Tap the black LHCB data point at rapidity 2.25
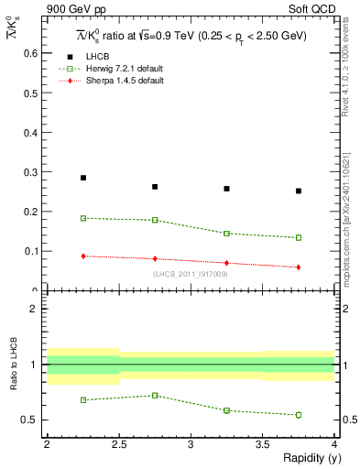coord(83,178)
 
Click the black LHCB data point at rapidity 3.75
coord(299,191)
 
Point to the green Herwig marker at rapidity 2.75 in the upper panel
coord(155,220)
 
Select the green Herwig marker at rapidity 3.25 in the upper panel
coord(226,234)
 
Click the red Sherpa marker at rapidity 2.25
coord(83,256)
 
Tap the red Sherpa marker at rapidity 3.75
coord(299,267)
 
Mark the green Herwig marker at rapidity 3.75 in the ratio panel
coord(299,415)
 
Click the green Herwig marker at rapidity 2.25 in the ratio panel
coord(83,399)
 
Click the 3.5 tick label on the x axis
coord(262,444)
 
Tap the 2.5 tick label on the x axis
coord(118,444)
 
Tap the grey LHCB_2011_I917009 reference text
coord(191,274)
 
